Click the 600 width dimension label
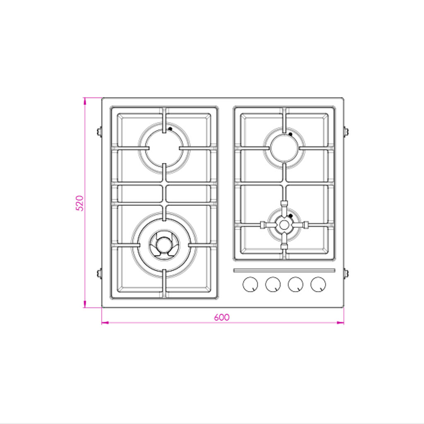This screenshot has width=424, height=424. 222,317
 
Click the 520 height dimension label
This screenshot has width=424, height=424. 79,203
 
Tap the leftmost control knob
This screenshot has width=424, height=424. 250,284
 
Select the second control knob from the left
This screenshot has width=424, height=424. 273,284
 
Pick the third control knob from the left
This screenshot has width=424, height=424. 296,284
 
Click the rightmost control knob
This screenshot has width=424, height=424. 318,284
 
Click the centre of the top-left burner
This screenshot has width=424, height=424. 164,148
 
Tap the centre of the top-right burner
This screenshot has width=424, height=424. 284,148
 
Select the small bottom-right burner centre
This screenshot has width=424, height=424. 284,225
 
